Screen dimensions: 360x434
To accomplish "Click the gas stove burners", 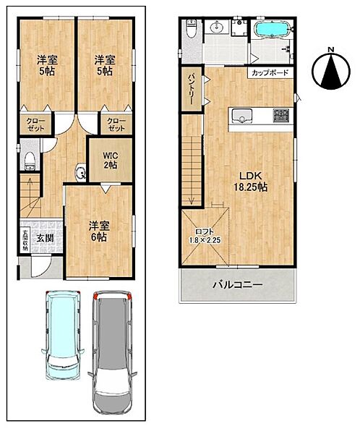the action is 281,116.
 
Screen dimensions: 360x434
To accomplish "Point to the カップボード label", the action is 270,73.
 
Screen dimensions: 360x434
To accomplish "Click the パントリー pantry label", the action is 192,89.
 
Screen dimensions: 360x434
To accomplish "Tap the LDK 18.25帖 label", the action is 251,182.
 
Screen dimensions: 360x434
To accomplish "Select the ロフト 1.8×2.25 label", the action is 205,236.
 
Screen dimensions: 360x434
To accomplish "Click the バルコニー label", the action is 238,285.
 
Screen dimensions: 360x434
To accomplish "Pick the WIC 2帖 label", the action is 110,161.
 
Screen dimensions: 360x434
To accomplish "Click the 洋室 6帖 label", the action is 99,231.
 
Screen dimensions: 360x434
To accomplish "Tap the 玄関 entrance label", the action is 45,238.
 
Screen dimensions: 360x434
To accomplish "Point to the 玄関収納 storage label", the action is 25,241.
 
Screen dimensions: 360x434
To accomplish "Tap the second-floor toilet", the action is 192,28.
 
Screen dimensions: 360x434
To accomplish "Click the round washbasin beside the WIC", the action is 80,172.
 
